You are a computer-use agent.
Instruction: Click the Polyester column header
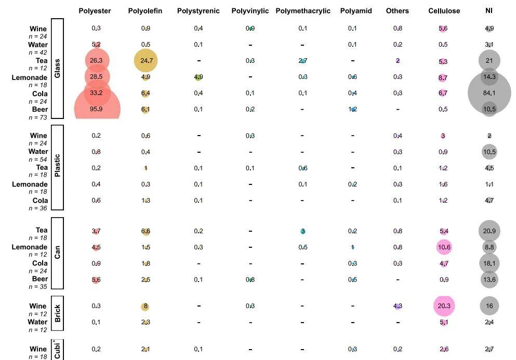(95, 11)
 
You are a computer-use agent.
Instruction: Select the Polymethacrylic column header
(303, 11)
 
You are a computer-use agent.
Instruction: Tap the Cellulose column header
(443, 11)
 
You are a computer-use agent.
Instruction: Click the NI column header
(489, 11)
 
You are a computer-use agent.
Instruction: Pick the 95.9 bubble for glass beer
(96, 109)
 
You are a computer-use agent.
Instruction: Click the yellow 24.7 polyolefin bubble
(145, 61)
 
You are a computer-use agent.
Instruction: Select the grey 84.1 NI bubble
(489, 93)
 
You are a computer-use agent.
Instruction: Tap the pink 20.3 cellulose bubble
(444, 306)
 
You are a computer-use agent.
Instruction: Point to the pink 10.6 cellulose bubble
(444, 247)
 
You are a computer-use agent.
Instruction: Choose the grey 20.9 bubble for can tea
(489, 231)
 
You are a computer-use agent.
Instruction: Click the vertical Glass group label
(57, 69)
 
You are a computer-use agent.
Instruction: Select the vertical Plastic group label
(57, 167)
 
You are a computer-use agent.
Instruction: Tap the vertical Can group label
(57, 253)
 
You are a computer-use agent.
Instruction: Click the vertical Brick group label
(57, 313)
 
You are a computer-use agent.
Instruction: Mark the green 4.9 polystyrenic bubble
(199, 77)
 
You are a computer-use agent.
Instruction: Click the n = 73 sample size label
(38, 117)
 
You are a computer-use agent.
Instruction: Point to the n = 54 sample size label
(38, 159)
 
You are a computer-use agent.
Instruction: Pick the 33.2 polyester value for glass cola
(96, 93)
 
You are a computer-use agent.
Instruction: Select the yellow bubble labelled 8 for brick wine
(145, 306)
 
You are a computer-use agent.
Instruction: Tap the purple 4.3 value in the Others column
(398, 306)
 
